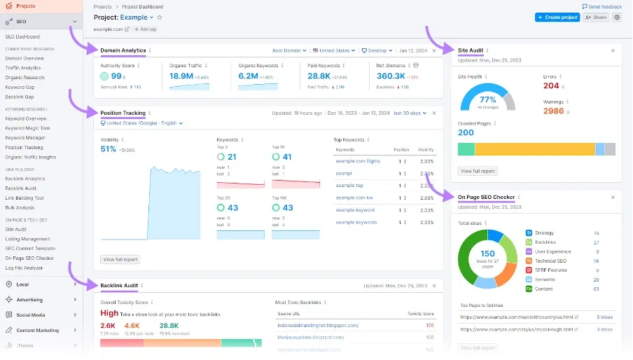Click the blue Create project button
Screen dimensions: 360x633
click(557, 18)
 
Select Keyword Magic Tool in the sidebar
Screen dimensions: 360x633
click(27, 128)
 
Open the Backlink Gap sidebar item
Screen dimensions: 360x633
click(20, 97)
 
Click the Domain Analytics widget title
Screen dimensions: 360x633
click(123, 50)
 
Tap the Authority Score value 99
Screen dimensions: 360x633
click(116, 76)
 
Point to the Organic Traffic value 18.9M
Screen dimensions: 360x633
click(181, 76)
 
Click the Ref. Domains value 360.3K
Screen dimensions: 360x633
click(391, 76)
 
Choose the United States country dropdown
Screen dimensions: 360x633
click(334, 50)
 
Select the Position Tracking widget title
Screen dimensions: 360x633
click(123, 113)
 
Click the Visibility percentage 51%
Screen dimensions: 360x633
click(109, 149)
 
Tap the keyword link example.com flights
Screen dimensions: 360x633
click(359, 160)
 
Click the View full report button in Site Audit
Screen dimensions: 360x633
click(478, 171)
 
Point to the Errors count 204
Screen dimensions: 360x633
click(551, 85)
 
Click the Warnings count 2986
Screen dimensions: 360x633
click(553, 111)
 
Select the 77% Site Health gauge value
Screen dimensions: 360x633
click(487, 99)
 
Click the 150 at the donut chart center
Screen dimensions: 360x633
click(487, 254)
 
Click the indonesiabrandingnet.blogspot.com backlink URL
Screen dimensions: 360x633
click(318, 325)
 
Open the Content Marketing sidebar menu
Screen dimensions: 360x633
click(38, 330)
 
